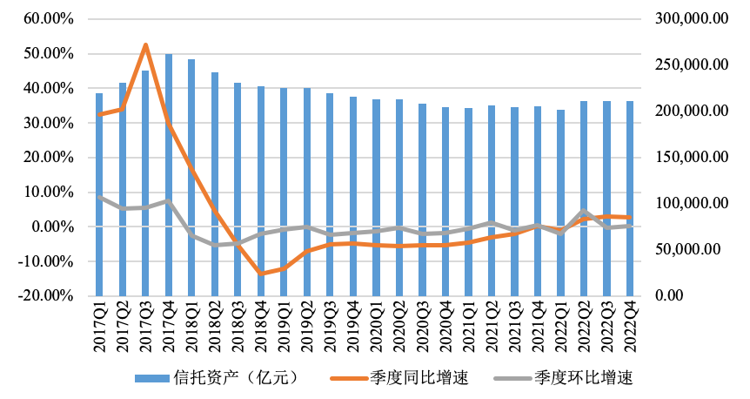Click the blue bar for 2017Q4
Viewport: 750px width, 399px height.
(169, 174)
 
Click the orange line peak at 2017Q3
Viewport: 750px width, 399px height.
(145, 44)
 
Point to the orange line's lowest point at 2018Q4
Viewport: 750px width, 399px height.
(260, 274)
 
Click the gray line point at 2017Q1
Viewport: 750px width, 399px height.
(99, 197)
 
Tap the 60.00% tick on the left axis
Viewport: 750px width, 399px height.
(50, 19)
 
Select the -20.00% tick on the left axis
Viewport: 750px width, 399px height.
(47, 295)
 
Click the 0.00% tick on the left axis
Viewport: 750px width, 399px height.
(53, 227)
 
